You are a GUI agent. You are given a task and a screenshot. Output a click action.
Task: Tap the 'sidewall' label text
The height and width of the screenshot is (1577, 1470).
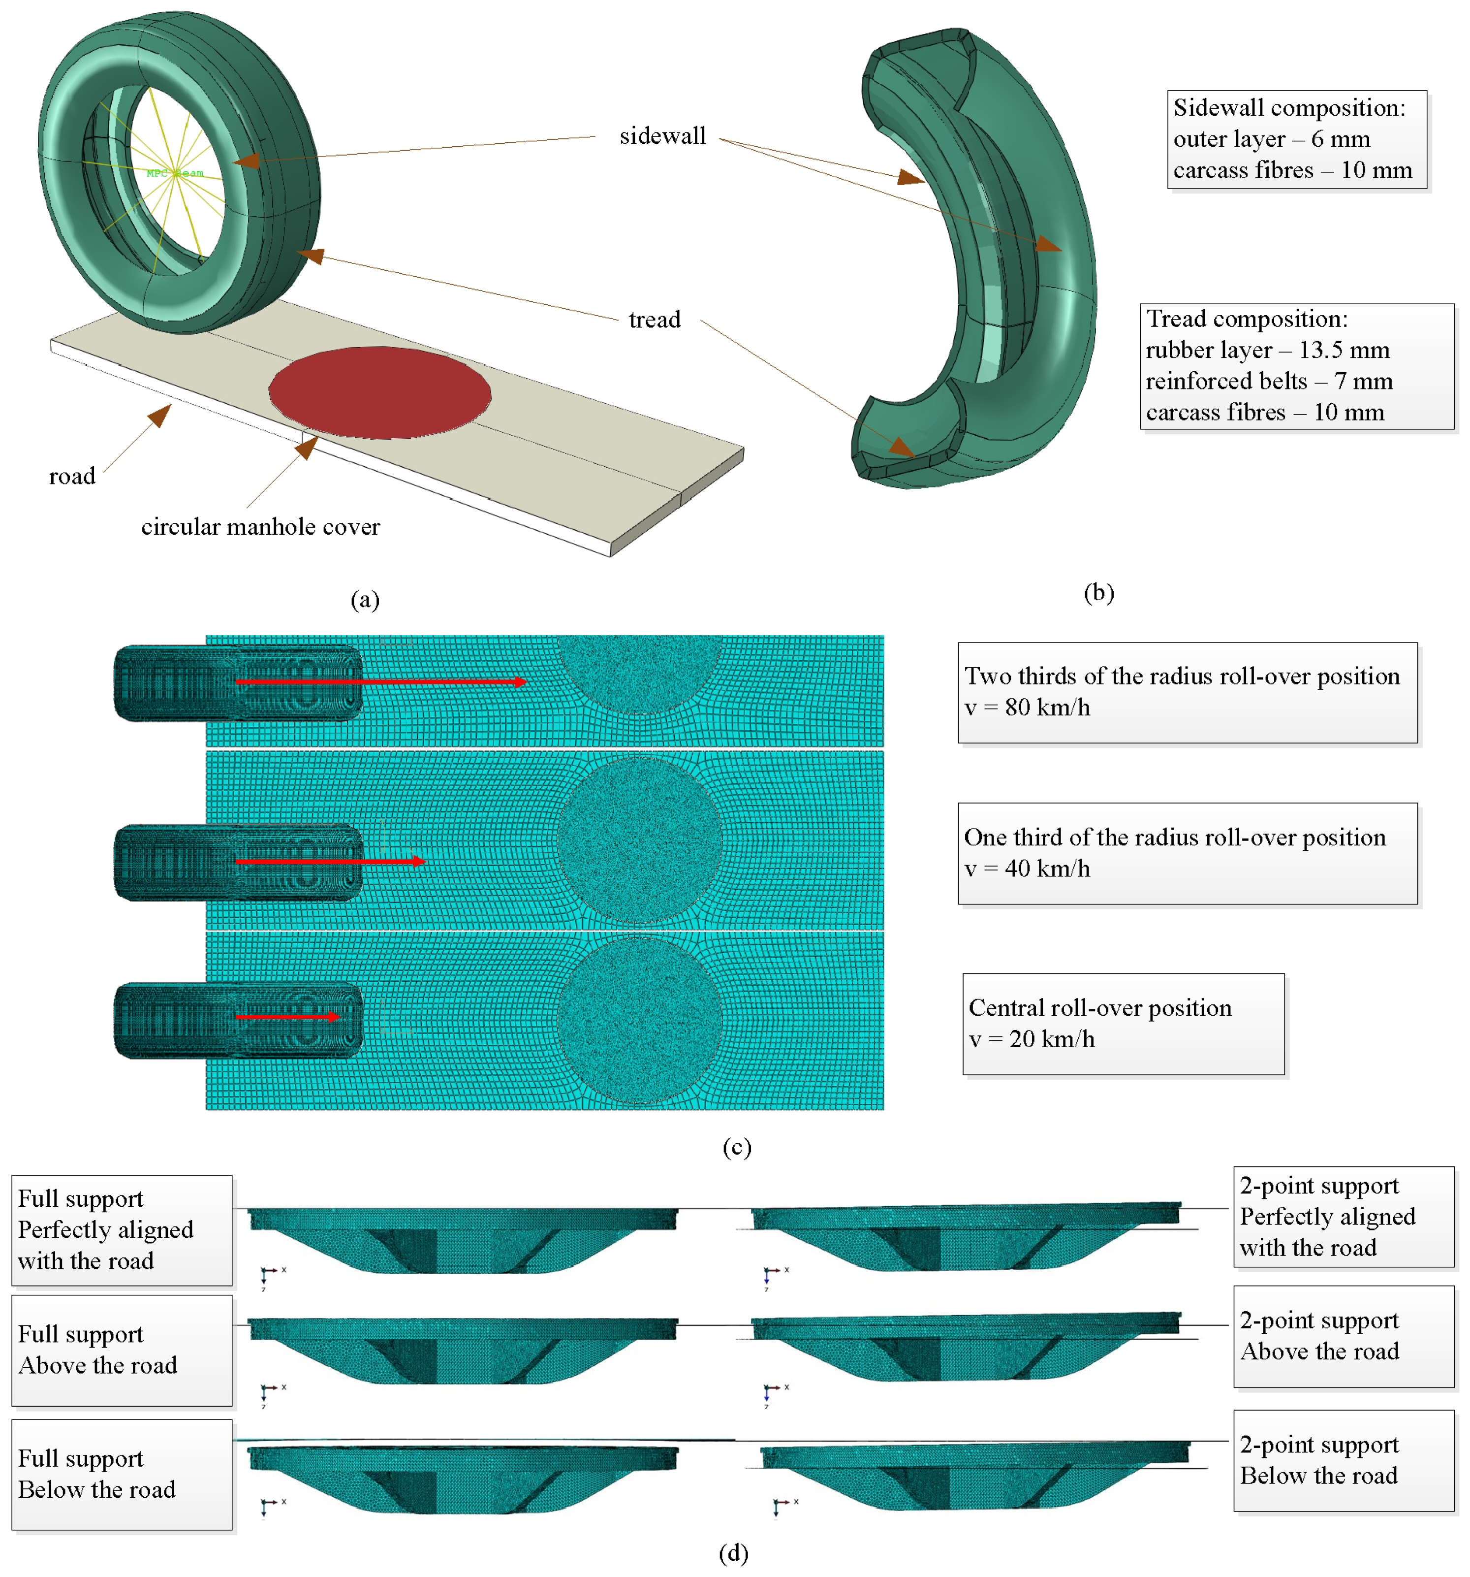662,136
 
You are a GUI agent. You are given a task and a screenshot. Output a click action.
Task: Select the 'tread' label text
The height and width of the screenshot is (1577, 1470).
654,319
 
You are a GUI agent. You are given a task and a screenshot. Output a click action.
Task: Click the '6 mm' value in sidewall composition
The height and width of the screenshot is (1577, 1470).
1340,139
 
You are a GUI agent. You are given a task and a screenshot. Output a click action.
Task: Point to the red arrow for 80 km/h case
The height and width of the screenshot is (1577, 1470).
380,681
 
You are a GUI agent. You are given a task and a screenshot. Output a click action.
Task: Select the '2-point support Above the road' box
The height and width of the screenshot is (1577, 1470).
1343,1336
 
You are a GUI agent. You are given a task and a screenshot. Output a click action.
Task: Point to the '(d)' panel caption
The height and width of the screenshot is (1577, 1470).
733,1552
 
